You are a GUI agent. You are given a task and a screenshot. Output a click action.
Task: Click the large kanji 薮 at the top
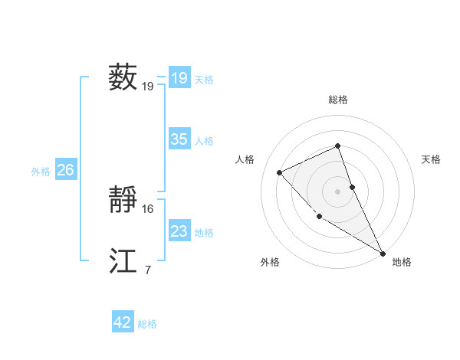pos(123,77)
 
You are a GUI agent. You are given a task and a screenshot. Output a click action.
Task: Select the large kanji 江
pos(123,261)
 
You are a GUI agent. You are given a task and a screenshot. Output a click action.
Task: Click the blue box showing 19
pos(179,78)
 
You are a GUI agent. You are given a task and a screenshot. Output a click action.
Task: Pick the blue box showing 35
pos(179,139)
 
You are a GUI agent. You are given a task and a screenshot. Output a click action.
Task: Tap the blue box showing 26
pos(65,170)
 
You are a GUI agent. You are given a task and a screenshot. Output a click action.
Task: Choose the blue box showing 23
pos(179,231)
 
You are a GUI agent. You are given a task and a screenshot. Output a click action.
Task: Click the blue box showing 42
pos(123,322)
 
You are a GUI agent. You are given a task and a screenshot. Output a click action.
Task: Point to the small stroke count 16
pos(148,208)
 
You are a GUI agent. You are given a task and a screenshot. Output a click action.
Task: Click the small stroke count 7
pos(147,270)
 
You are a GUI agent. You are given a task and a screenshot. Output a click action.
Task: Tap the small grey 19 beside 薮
pos(148,87)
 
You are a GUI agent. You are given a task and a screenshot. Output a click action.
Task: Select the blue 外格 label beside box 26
pos(41,172)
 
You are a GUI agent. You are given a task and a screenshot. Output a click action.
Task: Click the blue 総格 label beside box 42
pos(147,324)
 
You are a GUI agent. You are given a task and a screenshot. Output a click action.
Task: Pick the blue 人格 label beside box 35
pos(204,141)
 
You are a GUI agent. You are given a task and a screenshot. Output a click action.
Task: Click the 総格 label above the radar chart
pos(338,100)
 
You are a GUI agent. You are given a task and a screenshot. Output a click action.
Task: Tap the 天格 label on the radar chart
pos(432,159)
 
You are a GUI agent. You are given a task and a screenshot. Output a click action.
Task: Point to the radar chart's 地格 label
pos(402,262)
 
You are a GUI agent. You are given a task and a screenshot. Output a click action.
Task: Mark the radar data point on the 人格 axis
pos(280,172)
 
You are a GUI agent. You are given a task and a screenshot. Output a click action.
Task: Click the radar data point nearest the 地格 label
pos(383,252)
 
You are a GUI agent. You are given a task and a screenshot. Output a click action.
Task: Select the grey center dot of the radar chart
pos(338,191)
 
